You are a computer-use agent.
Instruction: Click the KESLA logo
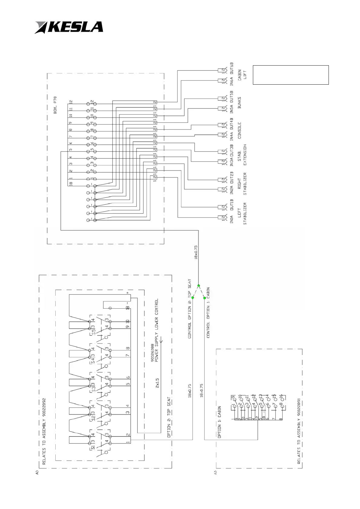[69, 27]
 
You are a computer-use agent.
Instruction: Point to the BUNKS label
[240, 103]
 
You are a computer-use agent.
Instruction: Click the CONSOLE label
[240, 131]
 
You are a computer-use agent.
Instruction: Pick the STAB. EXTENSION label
[242, 155]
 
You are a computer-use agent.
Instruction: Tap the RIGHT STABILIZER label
[242, 184]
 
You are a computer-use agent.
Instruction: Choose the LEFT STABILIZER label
[242, 213]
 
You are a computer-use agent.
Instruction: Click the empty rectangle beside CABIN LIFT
[290, 75]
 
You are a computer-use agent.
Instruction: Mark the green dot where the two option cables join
[198, 286]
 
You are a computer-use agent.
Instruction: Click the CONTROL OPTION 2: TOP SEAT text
[190, 308]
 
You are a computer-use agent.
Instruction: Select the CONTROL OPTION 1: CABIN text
[208, 312]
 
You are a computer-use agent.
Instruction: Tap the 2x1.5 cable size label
[157, 383]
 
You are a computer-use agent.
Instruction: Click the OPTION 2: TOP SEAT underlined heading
[169, 417]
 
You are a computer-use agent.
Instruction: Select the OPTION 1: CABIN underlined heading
[219, 422]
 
